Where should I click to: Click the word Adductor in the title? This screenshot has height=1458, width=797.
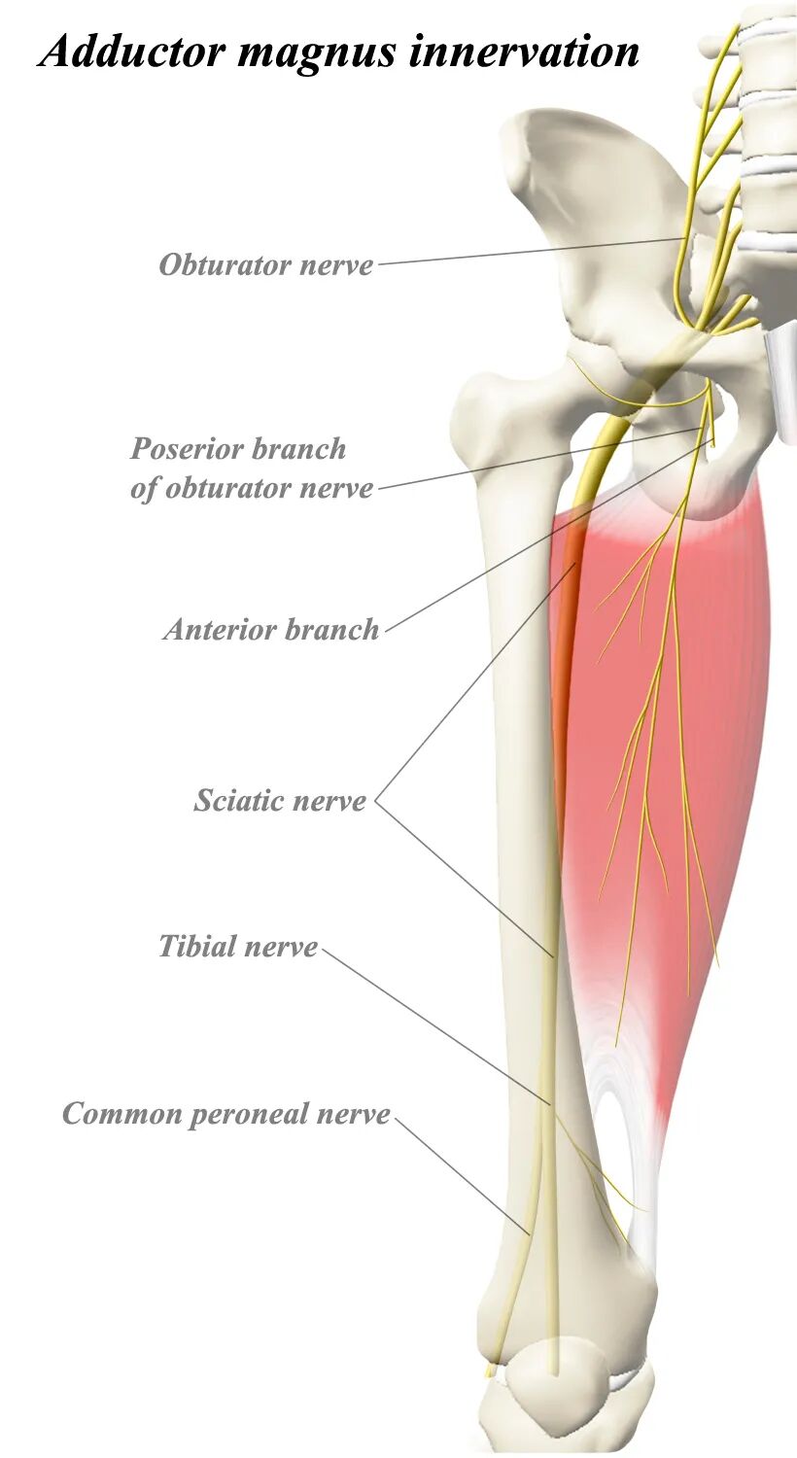[x=132, y=51]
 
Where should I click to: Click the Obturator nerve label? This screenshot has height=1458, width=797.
[x=265, y=264]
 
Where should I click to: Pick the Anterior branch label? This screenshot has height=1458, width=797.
[x=271, y=630]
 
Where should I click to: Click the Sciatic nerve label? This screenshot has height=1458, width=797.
[x=280, y=801]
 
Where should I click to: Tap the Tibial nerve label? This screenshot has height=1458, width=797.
[x=238, y=946]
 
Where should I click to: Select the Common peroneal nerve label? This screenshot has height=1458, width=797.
[x=225, y=1114]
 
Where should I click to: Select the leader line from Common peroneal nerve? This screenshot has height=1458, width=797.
[x=462, y=1176]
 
